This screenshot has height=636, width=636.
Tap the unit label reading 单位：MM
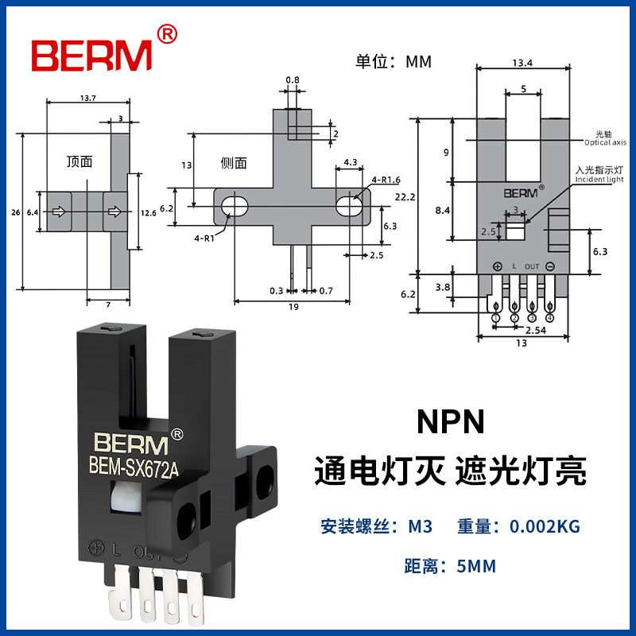coord(395,61)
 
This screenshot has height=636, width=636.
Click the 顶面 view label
coord(79,161)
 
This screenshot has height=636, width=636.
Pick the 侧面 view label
coord(234,163)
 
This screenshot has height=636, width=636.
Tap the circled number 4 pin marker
coord(549,318)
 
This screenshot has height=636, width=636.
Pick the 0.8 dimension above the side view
coord(292,80)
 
